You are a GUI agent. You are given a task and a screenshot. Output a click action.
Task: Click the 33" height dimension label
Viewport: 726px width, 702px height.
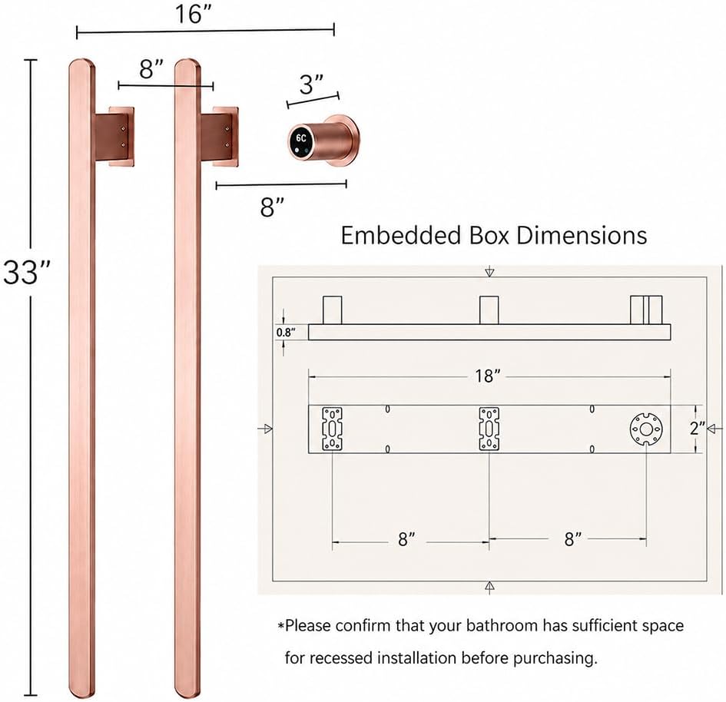(26, 272)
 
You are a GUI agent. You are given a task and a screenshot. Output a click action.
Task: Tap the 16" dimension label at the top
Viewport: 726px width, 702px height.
(193, 14)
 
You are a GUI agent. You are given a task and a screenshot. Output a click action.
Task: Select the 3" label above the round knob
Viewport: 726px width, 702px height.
(311, 84)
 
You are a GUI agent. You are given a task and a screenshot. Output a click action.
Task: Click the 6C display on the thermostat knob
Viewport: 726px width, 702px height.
(301, 138)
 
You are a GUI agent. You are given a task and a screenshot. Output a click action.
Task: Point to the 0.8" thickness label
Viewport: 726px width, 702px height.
(286, 333)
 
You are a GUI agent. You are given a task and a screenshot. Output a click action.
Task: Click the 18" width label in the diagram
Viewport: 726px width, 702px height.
(487, 376)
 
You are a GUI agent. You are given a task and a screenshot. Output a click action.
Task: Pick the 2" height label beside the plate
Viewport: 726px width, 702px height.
(697, 428)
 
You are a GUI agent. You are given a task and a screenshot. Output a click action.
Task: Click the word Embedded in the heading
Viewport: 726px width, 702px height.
(400, 235)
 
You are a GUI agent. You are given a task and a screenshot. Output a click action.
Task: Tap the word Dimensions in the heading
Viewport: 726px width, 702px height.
(582, 235)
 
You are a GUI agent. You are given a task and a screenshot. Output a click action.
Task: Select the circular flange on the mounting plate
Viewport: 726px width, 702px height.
(646, 429)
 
